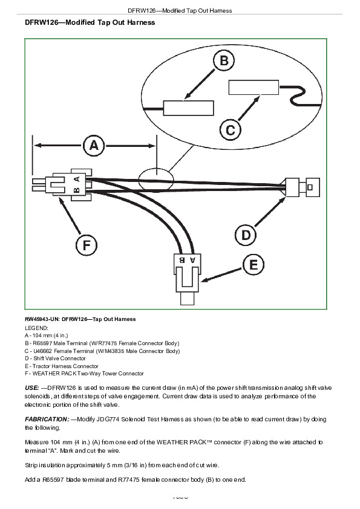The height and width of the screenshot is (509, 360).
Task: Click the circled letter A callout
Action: tap(94, 146)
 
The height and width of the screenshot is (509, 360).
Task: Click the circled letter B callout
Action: tap(224, 60)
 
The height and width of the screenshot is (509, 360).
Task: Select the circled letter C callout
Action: tap(231, 130)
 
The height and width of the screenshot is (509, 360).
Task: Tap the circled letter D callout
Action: tap(246, 235)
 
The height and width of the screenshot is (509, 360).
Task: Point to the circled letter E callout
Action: tap(254, 265)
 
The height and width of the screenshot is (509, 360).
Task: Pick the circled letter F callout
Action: tap(86, 245)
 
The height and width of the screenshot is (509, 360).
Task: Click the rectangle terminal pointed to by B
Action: tap(188, 108)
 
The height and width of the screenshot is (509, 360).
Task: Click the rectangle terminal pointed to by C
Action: tap(254, 87)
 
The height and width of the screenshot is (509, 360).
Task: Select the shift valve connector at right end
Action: tap(302, 187)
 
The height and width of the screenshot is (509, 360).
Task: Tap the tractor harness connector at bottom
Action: tap(186, 279)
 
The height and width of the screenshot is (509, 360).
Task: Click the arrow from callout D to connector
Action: tap(269, 212)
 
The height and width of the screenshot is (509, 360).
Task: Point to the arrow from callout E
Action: tap(222, 274)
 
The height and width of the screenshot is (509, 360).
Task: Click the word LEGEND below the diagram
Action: tap(36, 328)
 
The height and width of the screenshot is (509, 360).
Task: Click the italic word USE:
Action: tap(32, 387)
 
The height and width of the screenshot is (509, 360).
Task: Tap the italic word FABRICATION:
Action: tap(47, 419)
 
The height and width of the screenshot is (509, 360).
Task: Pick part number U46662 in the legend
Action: tap(42, 351)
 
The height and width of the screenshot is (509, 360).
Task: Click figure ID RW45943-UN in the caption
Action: tap(42, 319)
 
